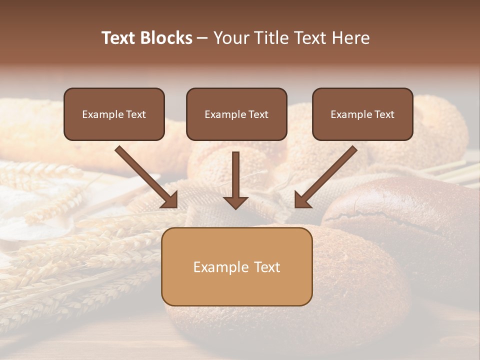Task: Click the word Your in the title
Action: click(x=229, y=38)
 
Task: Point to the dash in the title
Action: click(x=202, y=38)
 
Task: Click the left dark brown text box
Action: click(x=114, y=127)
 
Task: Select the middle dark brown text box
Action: click(x=236, y=127)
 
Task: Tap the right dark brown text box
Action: click(x=362, y=127)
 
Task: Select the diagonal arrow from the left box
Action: click(x=145, y=175)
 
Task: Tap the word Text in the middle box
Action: click(x=258, y=114)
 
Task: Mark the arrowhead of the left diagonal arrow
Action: click(x=169, y=199)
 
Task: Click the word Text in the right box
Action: click(x=384, y=114)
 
